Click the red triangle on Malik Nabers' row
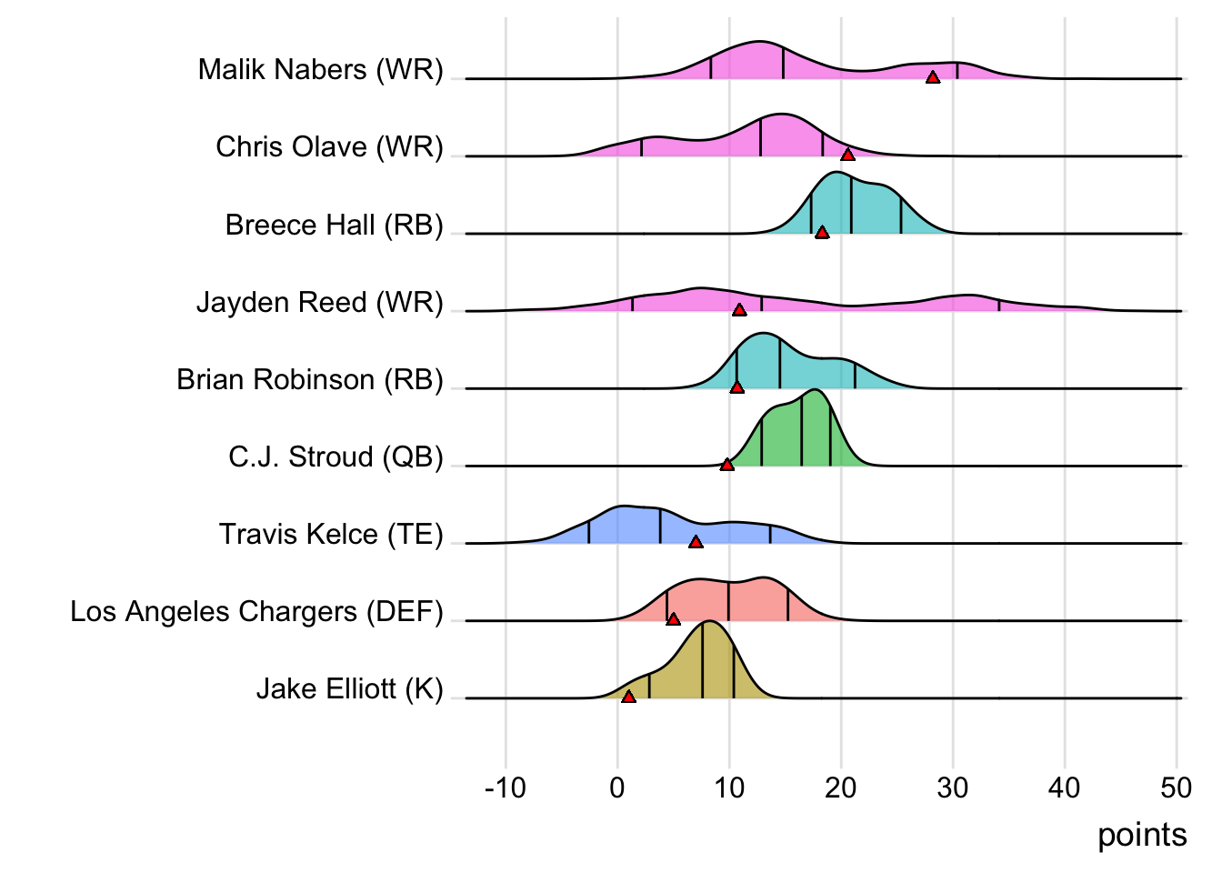[932, 77]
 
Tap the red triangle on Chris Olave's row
[847, 155]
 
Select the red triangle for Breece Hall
[822, 233]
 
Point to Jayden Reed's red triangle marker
[739, 310]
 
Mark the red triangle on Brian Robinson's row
[736, 387]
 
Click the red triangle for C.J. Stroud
[726, 465]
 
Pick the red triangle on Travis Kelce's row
[696, 542]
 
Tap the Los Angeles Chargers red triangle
[673, 619]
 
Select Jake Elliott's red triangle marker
[628, 697]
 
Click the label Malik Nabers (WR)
[320, 69]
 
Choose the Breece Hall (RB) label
[334, 225]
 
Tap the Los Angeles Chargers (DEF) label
[256, 611]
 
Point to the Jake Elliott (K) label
[349, 688]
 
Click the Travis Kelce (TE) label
[330, 534]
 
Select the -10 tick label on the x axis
[506, 788]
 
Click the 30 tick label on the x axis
[953, 788]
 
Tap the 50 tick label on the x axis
[1177, 788]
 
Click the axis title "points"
[1142, 835]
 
